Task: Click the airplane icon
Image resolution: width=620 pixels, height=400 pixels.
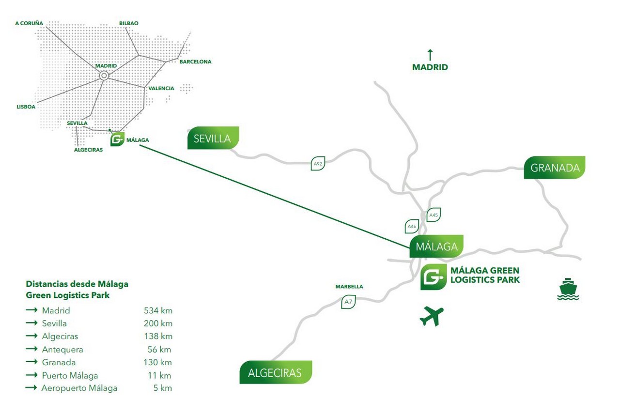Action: (431, 316)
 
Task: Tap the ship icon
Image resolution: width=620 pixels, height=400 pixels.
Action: (568, 289)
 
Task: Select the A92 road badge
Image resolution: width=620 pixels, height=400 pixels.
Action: (318, 164)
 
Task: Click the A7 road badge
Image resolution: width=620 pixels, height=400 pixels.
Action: (348, 302)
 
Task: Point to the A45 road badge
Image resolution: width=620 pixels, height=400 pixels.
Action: (434, 215)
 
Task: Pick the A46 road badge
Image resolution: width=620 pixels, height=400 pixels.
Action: (412, 226)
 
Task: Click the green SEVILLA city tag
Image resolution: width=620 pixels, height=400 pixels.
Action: (213, 138)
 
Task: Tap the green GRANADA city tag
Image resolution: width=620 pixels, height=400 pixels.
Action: (555, 168)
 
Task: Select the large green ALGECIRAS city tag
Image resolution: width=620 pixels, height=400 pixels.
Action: (276, 372)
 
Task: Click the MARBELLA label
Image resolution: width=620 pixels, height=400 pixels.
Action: (349, 287)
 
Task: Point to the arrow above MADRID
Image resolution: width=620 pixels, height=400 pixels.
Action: (430, 55)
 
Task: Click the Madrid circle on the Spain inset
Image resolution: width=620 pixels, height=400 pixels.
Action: (104, 76)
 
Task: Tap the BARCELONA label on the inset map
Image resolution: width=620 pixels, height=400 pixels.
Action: (195, 62)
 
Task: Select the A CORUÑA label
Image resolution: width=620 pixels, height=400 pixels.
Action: (29, 23)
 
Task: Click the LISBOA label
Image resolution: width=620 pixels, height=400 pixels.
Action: (26, 107)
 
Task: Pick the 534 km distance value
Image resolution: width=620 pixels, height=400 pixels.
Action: (158, 310)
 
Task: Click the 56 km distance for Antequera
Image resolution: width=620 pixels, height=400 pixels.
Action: (159, 349)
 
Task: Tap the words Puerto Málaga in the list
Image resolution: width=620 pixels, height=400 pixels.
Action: (70, 375)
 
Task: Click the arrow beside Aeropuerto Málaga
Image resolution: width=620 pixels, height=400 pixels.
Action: (31, 388)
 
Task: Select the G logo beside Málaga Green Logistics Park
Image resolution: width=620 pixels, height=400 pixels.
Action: (433, 277)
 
